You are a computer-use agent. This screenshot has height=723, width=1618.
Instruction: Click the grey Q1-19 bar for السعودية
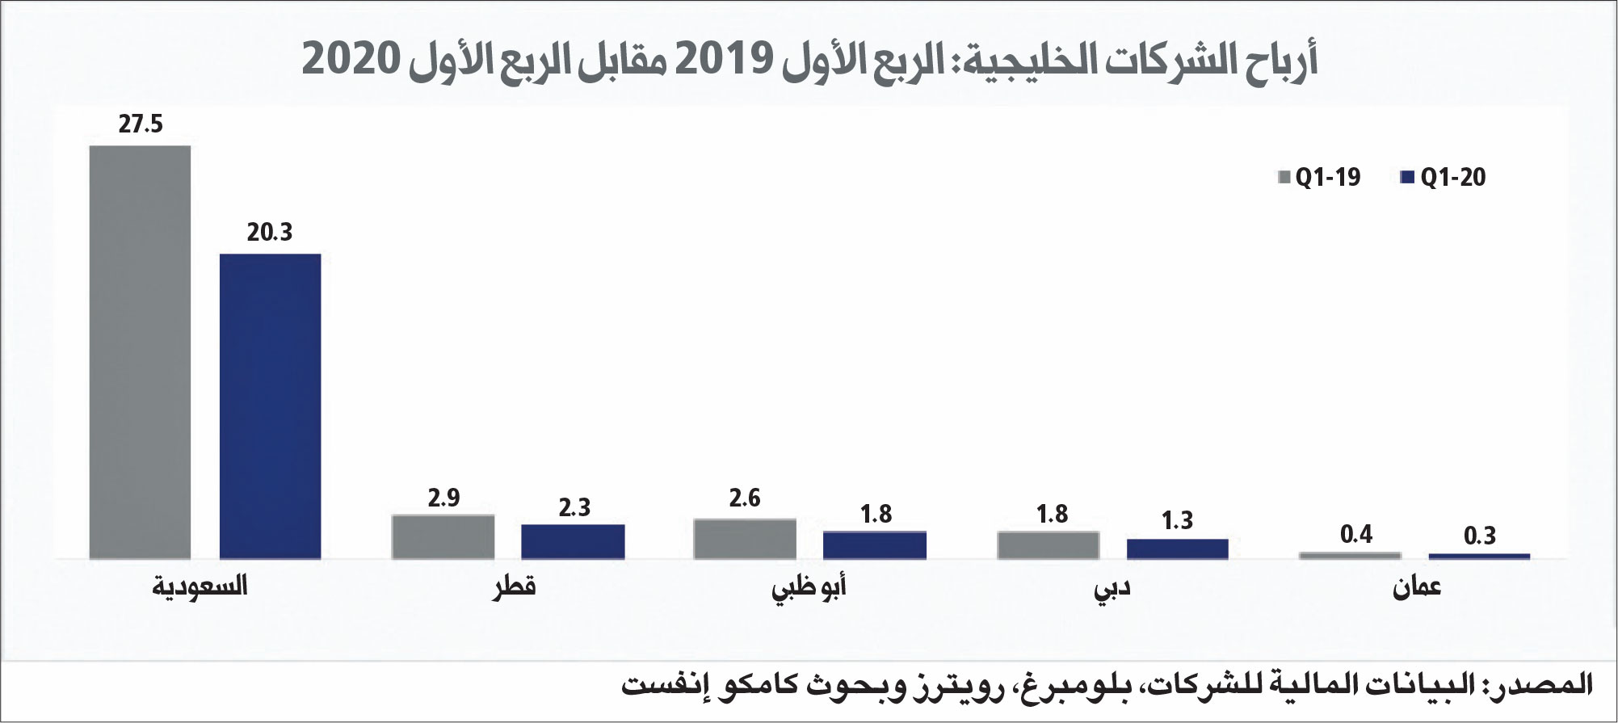click(140, 351)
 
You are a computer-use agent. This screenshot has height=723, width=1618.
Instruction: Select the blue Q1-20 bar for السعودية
click(270, 406)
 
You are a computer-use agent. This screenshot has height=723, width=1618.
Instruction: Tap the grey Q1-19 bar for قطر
click(443, 536)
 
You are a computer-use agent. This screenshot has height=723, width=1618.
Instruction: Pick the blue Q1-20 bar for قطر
click(573, 541)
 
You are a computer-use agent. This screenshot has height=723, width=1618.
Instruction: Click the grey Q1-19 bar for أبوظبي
click(745, 538)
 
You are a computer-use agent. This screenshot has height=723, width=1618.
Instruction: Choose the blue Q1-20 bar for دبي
click(1177, 549)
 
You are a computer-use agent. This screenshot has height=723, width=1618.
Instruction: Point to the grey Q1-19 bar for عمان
click(1350, 555)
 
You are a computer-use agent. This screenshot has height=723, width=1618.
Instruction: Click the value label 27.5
click(140, 124)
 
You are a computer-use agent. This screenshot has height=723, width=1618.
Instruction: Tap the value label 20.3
click(270, 233)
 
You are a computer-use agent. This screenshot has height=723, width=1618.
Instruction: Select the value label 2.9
click(443, 498)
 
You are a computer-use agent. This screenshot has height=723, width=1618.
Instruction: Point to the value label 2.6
click(745, 498)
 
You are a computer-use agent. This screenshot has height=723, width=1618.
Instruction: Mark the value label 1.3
click(1177, 520)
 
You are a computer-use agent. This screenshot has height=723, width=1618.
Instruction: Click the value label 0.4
click(1356, 534)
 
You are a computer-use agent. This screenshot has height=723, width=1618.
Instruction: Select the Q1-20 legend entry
click(1444, 178)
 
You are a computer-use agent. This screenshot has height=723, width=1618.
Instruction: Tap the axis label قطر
click(515, 586)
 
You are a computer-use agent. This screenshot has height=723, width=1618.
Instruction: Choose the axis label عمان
click(1416, 588)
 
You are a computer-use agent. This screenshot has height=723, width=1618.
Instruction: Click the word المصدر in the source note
click(1544, 683)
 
